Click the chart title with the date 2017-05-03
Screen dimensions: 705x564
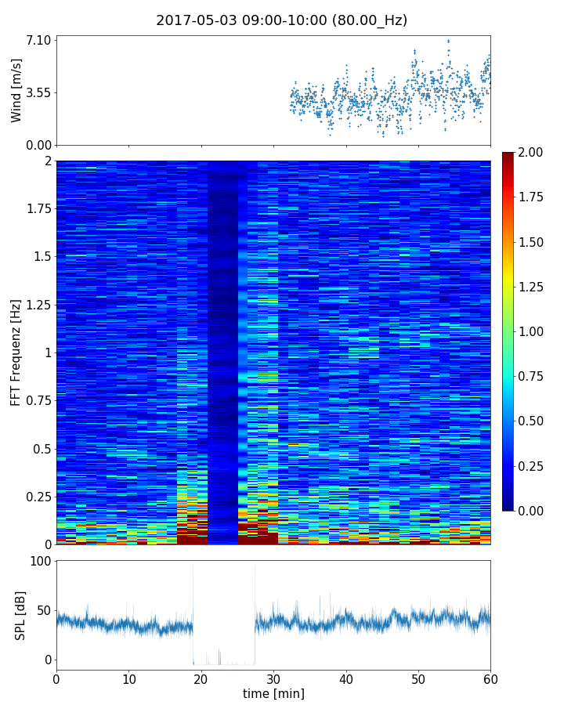pos(281,20)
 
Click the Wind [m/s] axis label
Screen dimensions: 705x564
pos(16,90)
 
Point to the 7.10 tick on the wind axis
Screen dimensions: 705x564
pos(38,40)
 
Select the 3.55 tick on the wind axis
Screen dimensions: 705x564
pos(38,92)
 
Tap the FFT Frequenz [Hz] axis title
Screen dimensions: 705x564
pos(16,352)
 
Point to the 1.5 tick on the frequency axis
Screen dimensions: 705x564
pos(42,257)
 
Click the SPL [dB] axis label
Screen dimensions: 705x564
pos(21,615)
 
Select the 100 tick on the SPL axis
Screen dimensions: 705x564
pos(40,562)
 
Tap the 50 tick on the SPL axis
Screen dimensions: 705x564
pos(43,610)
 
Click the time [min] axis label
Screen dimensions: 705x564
pos(273,693)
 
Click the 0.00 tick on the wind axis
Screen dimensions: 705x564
pos(38,145)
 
